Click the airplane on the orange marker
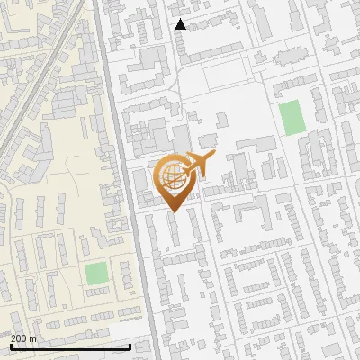click(196, 165)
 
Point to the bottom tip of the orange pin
click(171, 211)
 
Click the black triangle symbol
click(181, 24)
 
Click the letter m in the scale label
click(32, 338)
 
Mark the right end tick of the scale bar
click(131, 346)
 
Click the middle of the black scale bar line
click(69, 346)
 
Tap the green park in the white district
click(290, 118)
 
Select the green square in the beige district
click(96, 273)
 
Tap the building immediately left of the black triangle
click(165, 27)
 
